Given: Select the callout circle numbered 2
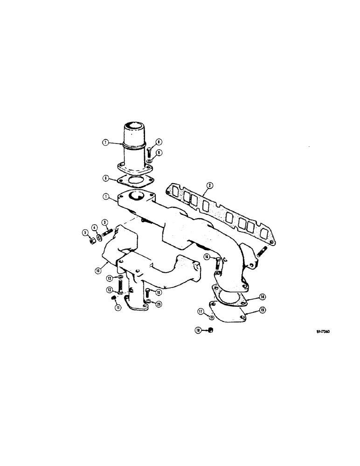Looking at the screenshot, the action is coord(210,185).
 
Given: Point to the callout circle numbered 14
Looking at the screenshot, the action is coord(263,296).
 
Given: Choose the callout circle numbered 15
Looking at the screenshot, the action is coord(263,309).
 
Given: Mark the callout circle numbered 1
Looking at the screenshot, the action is coord(107,198).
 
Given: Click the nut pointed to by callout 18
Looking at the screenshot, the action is coord(210,330).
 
